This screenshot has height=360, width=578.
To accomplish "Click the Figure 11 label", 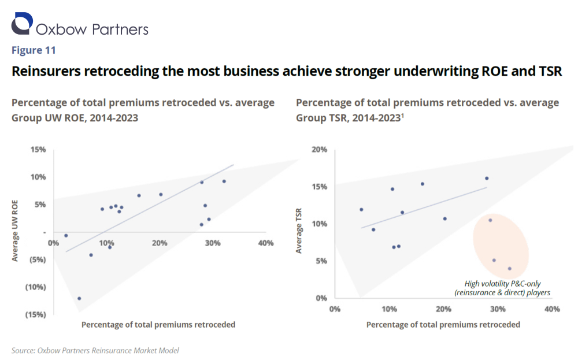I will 34,50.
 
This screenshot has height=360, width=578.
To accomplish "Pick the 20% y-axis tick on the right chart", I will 320,150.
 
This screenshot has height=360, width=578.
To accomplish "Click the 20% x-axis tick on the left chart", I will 160,243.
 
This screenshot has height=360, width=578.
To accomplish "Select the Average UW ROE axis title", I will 16,231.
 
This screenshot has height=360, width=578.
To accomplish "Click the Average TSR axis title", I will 299,231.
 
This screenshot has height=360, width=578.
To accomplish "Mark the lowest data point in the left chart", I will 79,298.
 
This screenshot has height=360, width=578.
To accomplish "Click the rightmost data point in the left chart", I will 224,181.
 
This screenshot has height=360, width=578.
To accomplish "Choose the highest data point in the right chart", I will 487,179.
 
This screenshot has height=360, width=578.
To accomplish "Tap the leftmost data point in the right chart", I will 361,210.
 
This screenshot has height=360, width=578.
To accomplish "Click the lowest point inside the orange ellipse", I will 509,269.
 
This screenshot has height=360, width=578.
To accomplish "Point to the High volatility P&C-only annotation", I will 502,288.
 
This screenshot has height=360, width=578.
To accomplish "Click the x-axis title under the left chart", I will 158,324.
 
